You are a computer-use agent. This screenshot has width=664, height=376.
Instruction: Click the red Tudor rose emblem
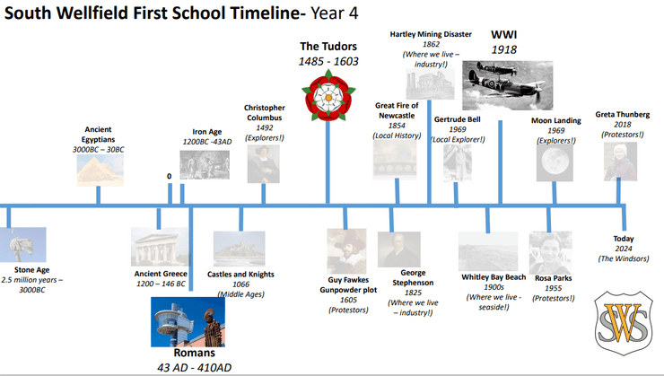click(x=328, y=96)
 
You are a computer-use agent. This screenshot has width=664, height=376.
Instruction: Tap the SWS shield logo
click(x=624, y=322)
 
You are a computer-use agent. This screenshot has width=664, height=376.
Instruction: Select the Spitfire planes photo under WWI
click(x=507, y=85)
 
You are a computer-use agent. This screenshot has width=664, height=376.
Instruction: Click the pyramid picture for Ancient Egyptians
click(x=100, y=171)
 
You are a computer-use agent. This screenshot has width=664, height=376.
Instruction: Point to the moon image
click(x=555, y=163)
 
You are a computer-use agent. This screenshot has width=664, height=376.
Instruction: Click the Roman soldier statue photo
click(x=188, y=322)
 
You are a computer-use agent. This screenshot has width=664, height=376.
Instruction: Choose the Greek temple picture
click(x=160, y=247)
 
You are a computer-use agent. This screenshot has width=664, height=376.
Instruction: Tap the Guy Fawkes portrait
click(x=346, y=250)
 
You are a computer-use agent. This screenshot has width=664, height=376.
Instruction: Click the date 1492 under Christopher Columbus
click(x=265, y=127)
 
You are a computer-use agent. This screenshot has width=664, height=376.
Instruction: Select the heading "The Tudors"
click(x=328, y=46)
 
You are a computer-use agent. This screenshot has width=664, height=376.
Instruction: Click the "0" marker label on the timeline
click(x=170, y=176)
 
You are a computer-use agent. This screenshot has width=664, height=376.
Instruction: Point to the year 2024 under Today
click(x=624, y=249)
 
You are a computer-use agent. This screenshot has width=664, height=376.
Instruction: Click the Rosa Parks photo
click(x=550, y=253)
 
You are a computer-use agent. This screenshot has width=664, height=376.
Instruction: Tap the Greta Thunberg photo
click(x=620, y=162)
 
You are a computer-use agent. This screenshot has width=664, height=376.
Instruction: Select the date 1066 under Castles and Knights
click(x=241, y=284)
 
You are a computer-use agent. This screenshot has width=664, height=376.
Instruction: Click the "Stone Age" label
click(x=31, y=270)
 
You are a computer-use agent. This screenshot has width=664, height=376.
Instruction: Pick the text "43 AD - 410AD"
click(x=195, y=368)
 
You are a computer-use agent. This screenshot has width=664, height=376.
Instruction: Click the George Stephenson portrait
click(x=399, y=249)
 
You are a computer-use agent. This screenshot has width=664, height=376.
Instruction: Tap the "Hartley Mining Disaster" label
click(x=431, y=34)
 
